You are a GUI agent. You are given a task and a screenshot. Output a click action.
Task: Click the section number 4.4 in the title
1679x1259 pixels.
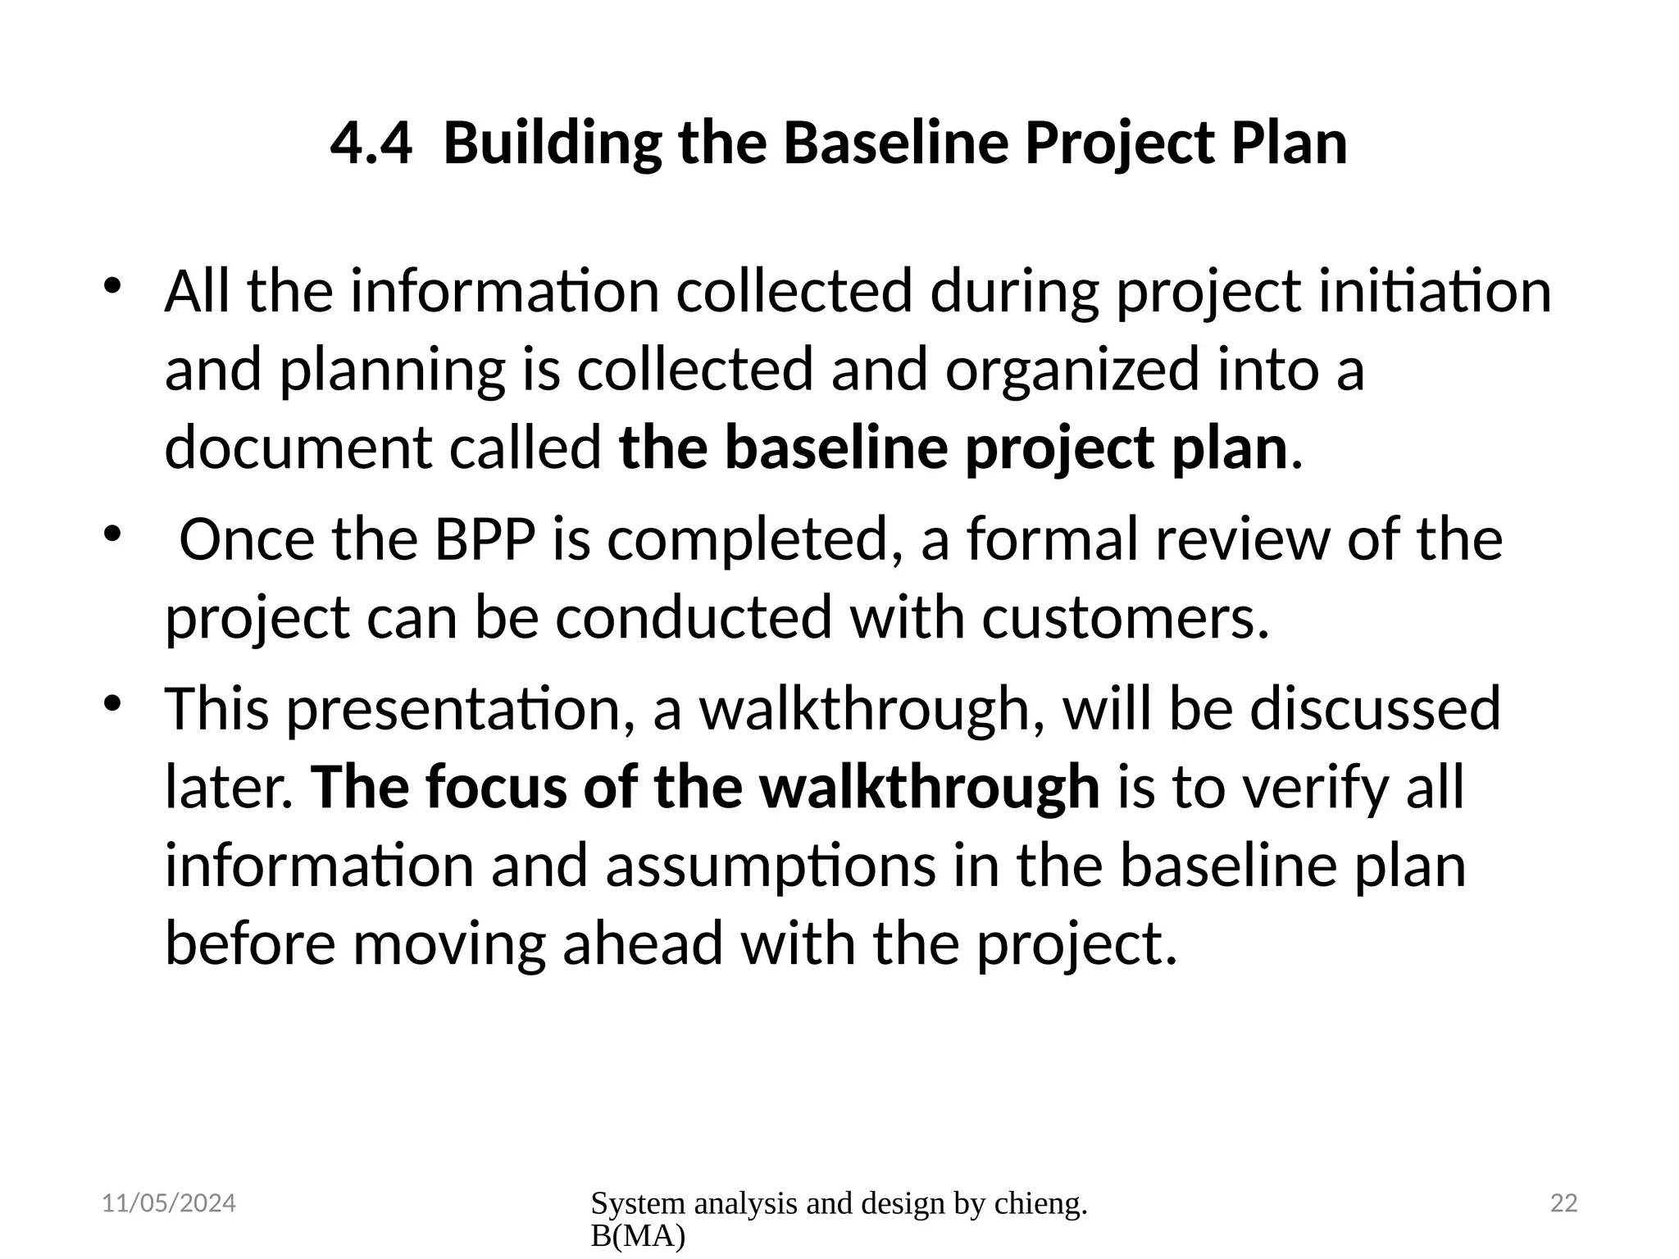click(371, 143)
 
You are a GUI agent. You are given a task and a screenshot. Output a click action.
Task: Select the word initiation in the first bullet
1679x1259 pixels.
click(1435, 292)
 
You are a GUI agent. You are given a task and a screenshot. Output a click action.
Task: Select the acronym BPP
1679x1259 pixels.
click(485, 540)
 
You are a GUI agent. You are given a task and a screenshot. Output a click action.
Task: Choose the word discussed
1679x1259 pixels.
click(1375, 709)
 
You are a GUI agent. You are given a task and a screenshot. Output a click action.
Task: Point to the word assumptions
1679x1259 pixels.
click(770, 866)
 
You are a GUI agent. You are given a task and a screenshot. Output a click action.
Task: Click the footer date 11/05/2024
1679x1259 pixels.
click(169, 1203)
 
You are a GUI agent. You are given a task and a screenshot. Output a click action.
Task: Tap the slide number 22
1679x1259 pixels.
click(1563, 1203)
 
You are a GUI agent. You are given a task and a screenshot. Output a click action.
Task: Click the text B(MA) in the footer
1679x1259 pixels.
click(637, 1237)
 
